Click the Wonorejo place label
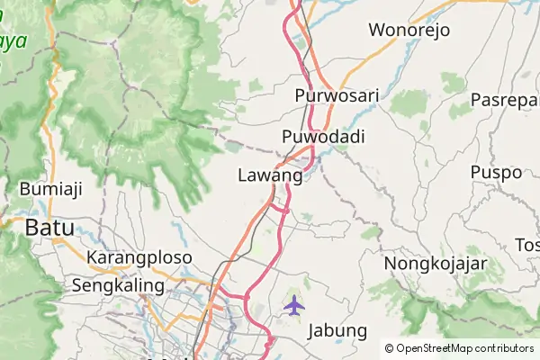[x=408, y=30]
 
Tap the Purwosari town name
[x=337, y=95]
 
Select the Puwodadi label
[x=322, y=137]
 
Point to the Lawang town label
[x=270, y=175]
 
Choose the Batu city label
[x=49, y=228]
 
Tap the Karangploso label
[x=139, y=257]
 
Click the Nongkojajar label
[x=436, y=264]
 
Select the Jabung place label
[x=337, y=330]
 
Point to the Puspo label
[x=496, y=171]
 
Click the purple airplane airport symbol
[x=293, y=306]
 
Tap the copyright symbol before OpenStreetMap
[x=390, y=348]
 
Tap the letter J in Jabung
[x=312, y=330]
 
